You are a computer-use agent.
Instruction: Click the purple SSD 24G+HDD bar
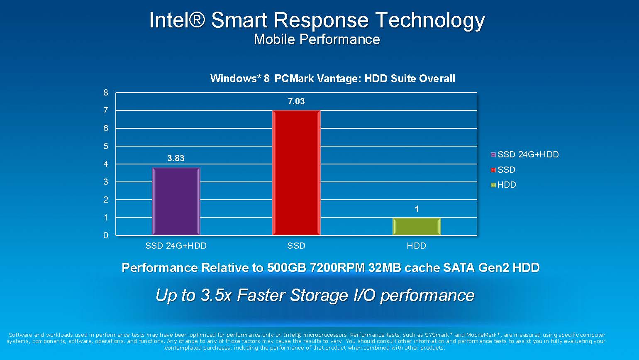point(176,201)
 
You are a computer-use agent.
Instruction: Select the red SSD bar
point(296,173)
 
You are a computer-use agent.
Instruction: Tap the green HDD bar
point(417,226)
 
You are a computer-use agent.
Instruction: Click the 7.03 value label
point(296,101)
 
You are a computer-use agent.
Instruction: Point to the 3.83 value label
point(176,158)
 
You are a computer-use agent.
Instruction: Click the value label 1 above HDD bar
point(417,209)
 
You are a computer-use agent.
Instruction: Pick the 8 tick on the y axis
point(106,93)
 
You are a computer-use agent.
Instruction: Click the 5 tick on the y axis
point(106,146)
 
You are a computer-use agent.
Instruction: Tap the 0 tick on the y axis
point(106,235)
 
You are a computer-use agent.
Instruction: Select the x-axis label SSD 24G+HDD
point(176,246)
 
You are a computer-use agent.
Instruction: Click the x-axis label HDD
point(417,246)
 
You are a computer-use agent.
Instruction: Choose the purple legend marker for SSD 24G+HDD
point(493,154)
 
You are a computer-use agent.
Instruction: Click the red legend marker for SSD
point(493,170)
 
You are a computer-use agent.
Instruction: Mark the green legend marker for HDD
point(493,185)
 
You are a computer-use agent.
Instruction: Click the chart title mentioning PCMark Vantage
point(332,78)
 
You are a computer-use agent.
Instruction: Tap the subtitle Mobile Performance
point(317,39)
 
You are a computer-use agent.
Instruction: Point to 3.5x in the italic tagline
point(216,295)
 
